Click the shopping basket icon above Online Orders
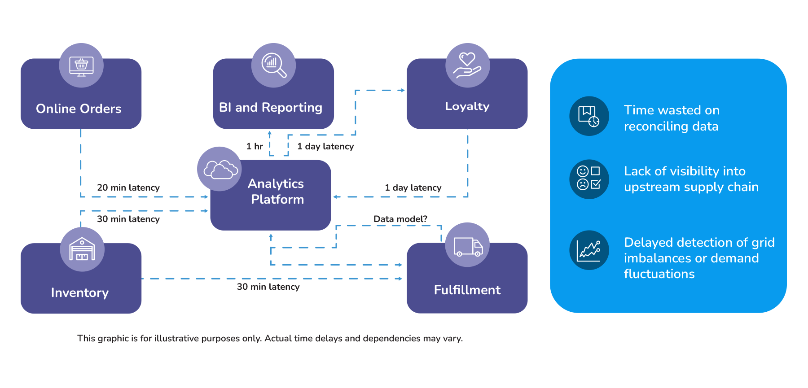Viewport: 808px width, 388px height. pyautogui.click(x=81, y=65)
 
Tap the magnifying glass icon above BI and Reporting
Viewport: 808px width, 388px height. pyautogui.click(x=274, y=65)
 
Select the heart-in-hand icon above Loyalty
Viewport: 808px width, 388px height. pyautogui.click(x=467, y=65)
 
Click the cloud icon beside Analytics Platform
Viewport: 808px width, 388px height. pyautogui.click(x=220, y=170)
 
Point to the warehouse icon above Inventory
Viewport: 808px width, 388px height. pyautogui.click(x=82, y=249)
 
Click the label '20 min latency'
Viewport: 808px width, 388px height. pyautogui.click(x=128, y=187)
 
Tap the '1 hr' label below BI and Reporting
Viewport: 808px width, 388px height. pyautogui.click(x=255, y=146)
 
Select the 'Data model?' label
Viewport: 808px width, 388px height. pyautogui.click(x=400, y=219)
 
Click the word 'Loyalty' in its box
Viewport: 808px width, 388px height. pyautogui.click(x=467, y=106)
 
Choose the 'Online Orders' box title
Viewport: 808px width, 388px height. pyautogui.click(x=79, y=109)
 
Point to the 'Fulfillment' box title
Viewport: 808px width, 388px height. pyautogui.click(x=467, y=290)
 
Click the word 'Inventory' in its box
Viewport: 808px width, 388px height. pyautogui.click(x=80, y=292)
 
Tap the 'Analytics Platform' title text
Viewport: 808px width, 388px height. pyautogui.click(x=277, y=192)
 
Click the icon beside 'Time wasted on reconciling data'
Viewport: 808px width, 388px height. pyautogui.click(x=589, y=116)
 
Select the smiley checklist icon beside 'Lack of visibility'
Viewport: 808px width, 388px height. pyautogui.click(x=589, y=179)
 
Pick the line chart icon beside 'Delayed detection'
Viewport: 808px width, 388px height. pyautogui.click(x=589, y=250)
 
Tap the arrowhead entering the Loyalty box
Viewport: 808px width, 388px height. pyautogui.click(x=403, y=90)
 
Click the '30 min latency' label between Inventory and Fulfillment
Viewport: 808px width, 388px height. pyautogui.click(x=268, y=287)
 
